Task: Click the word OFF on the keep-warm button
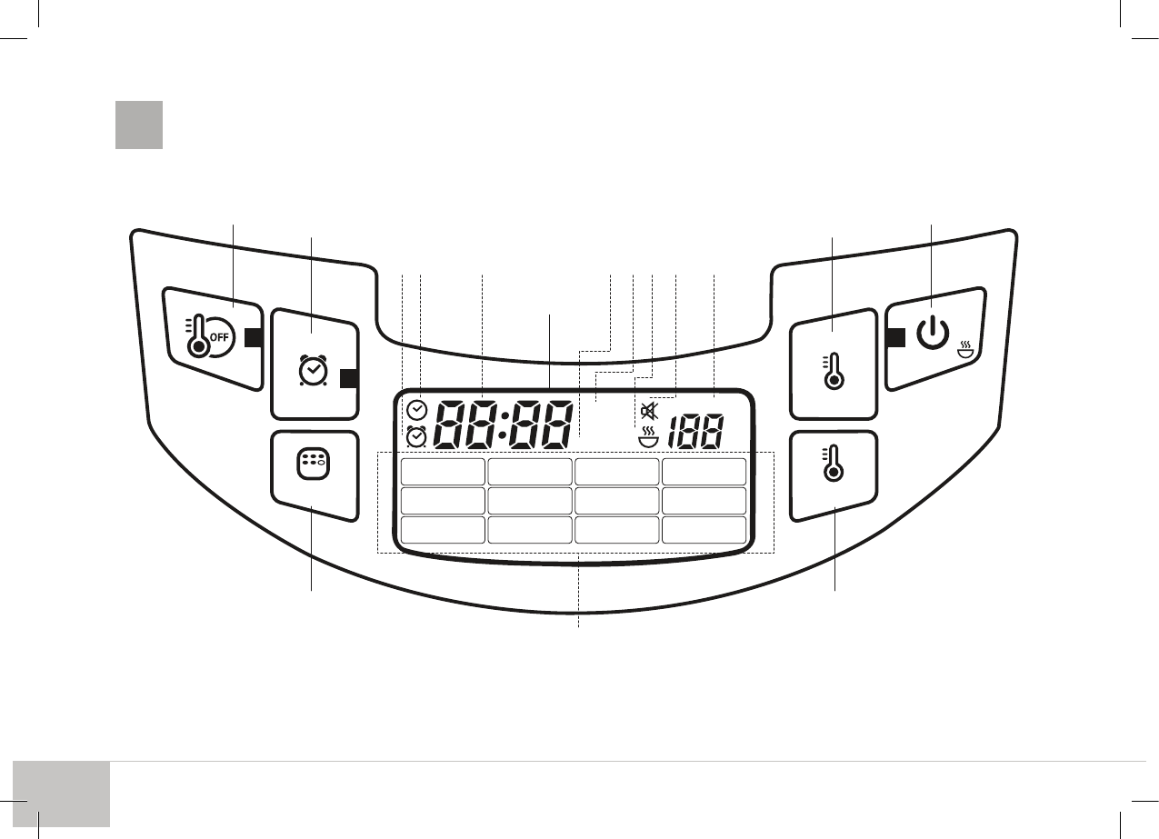click(x=219, y=337)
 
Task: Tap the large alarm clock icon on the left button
click(x=313, y=370)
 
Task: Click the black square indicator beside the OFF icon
click(x=254, y=337)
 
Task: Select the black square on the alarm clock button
click(x=349, y=378)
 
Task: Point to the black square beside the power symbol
click(x=895, y=337)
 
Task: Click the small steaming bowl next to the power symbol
click(x=965, y=350)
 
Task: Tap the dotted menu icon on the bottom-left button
click(x=313, y=464)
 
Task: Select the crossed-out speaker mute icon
click(x=649, y=411)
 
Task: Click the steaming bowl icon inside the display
click(x=648, y=437)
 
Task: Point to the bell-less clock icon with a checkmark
click(x=417, y=411)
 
